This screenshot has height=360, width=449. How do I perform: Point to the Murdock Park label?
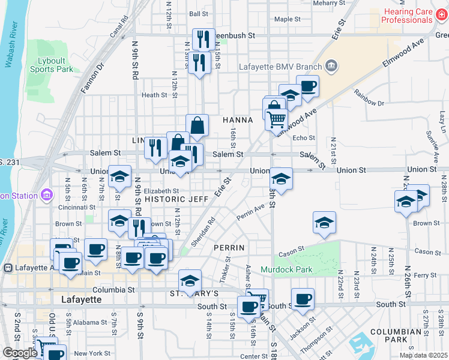(x=286, y=269)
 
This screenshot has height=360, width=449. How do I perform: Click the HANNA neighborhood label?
(x=238, y=120)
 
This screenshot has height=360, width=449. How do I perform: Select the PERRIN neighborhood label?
(x=229, y=247)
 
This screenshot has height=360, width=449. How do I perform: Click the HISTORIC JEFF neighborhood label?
(x=176, y=199)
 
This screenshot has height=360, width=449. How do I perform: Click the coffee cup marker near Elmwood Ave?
(x=307, y=86)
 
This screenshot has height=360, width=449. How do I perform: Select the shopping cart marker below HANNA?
(x=276, y=119)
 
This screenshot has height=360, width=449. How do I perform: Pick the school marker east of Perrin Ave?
(x=324, y=223)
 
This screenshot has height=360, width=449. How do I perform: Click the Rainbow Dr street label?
(x=369, y=98)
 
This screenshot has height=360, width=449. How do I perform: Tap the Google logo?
(x=20, y=353)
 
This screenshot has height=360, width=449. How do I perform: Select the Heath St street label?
(x=154, y=95)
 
